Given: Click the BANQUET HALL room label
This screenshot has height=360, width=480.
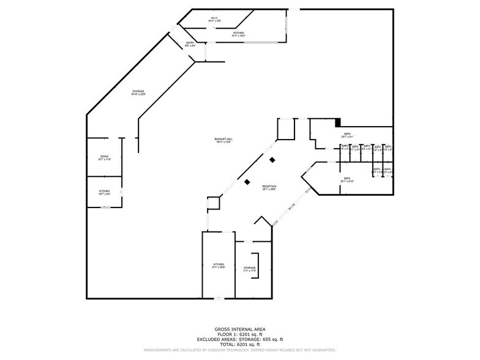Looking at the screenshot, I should pos(223,140).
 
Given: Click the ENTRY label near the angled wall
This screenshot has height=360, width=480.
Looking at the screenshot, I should pos(190,43).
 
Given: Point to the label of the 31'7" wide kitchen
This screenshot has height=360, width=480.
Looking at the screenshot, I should pos(238,34).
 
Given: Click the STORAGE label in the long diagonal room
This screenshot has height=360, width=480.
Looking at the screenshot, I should pos(138,92).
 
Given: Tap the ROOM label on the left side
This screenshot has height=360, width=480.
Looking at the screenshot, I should pos(104,157).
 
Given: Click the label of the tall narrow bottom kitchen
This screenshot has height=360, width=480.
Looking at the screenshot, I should pos(219,266).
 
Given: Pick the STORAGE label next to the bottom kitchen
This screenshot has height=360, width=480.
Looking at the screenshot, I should pos(249,269).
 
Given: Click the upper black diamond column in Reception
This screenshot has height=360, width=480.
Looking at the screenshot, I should pos(272,160).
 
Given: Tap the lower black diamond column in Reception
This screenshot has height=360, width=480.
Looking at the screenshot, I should pos(247,182).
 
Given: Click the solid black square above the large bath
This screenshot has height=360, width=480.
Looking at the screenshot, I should pos(337,123).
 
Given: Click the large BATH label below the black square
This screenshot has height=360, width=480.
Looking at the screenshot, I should pos(347,135).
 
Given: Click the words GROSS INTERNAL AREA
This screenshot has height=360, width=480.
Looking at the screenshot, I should pos(239,329).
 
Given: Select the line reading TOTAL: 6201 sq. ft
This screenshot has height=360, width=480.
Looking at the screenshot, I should pos(239,345).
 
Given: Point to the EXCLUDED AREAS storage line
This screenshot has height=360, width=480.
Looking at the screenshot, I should pos(239,339).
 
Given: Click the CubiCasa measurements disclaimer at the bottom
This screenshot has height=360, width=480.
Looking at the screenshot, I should pos(239,350).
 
